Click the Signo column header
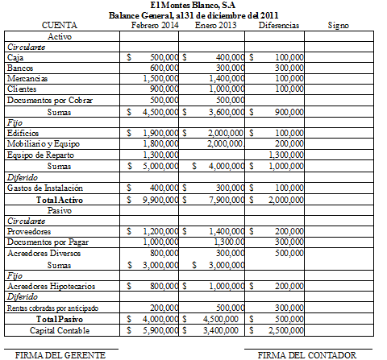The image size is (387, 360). pos(339,26)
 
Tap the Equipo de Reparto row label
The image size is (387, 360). pos(37,154)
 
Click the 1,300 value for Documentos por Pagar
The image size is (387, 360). pos(230,241)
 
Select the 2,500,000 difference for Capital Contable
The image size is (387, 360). pos(285,330)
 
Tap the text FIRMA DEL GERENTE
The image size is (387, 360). pos(50,354)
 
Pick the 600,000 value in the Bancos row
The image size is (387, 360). pos(164,68)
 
